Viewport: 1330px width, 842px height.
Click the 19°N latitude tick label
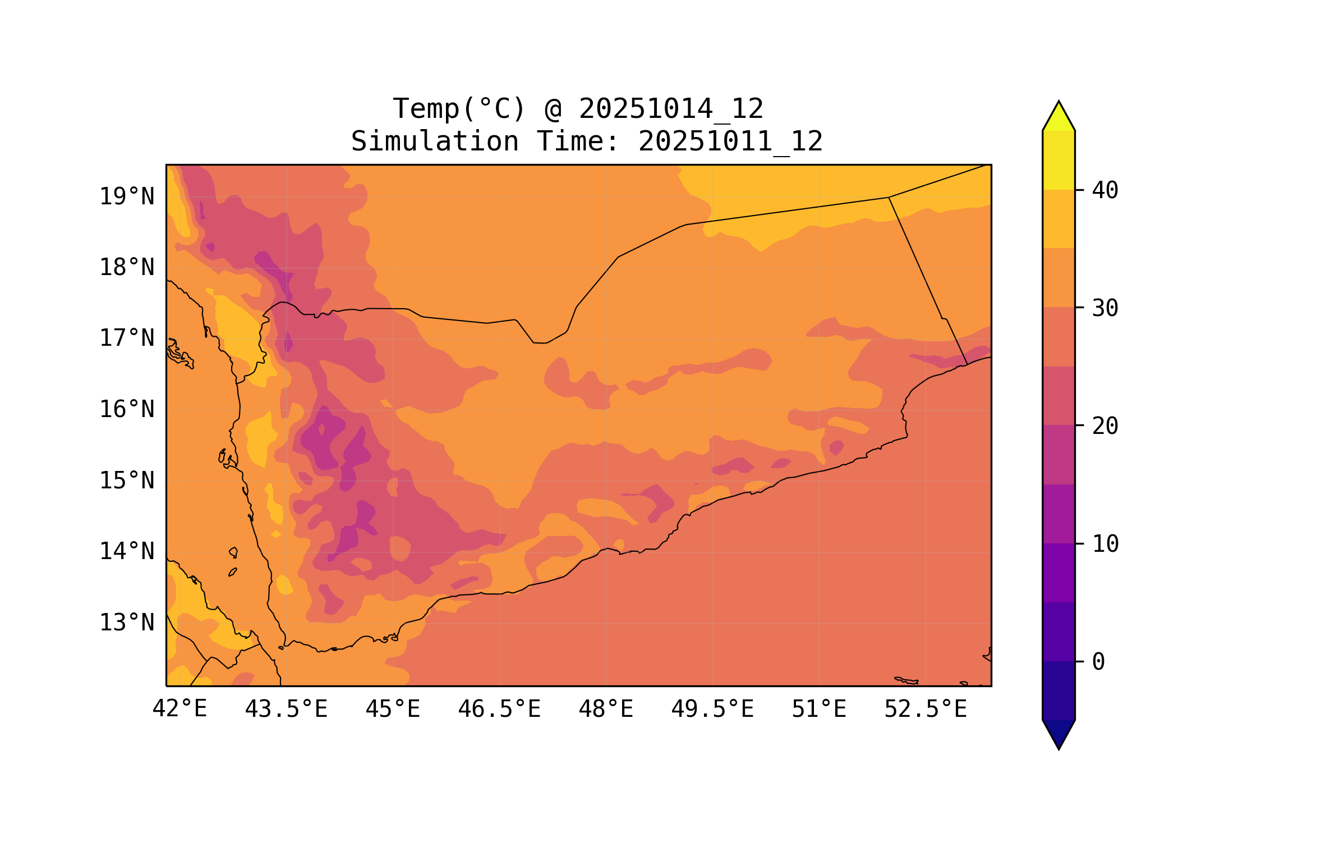tap(127, 196)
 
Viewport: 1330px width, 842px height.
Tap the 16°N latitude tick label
tap(127, 409)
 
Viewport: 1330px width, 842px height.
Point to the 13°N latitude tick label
tap(127, 623)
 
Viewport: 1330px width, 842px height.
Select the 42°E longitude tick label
tap(180, 709)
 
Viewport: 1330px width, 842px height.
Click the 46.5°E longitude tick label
tap(499, 709)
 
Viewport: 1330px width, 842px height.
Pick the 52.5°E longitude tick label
tap(926, 709)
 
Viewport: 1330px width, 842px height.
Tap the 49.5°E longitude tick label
tap(712, 709)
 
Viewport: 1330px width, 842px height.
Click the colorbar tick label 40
tap(1105, 190)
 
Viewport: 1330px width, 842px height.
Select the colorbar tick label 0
tap(1098, 662)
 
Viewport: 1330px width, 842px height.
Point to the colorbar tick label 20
tap(1105, 426)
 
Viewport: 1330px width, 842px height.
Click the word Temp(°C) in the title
tap(459, 109)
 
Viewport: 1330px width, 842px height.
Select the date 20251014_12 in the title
tap(671, 109)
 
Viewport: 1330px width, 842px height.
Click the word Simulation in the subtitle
tap(435, 141)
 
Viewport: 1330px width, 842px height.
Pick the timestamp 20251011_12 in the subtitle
tap(730, 141)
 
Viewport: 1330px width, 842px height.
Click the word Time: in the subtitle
tap(578, 141)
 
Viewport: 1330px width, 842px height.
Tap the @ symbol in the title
tap(553, 109)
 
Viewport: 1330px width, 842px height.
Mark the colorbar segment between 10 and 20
tap(1059, 484)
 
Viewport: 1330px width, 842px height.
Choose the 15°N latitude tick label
tap(127, 481)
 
